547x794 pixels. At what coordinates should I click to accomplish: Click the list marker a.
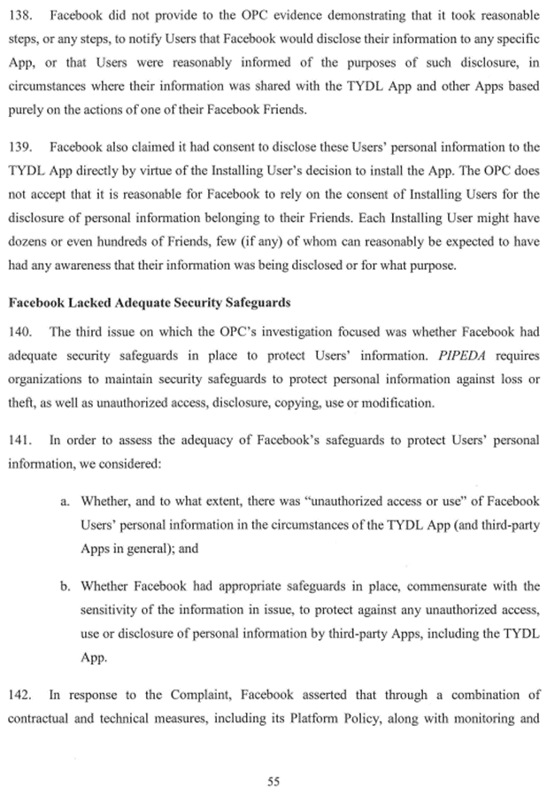65,502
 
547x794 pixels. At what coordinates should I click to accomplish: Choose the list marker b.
65,585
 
